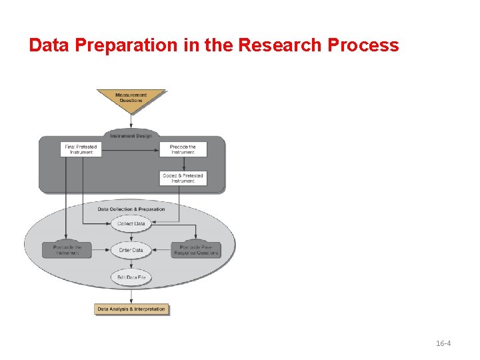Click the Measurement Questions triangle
[x=131, y=99]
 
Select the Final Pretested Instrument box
[x=81, y=149]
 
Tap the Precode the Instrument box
[x=183, y=149]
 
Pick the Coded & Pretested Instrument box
[x=183, y=179]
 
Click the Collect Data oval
[x=131, y=224]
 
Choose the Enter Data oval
[x=131, y=250]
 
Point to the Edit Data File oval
[x=131, y=277]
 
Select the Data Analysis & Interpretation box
[x=131, y=309]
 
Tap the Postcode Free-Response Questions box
[x=196, y=250]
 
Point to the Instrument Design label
[x=131, y=136]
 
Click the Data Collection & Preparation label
[x=131, y=209]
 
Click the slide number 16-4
[x=443, y=343]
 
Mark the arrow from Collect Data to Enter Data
[x=131, y=237]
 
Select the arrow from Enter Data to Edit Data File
[x=131, y=263]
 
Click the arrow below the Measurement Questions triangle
[x=131, y=121]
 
